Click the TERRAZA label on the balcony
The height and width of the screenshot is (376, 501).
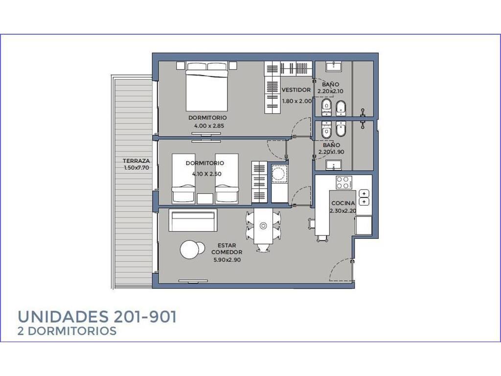136,161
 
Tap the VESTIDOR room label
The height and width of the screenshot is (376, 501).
296,90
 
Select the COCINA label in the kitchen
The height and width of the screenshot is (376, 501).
343,203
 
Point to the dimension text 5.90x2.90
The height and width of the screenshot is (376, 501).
227,260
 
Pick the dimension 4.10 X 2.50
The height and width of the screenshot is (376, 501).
207,174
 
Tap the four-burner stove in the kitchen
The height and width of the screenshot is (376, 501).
344,183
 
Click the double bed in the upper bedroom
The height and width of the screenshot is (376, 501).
207,86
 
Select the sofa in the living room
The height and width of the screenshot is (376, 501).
193,220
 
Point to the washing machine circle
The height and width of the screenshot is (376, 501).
278,175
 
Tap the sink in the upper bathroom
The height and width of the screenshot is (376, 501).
334,67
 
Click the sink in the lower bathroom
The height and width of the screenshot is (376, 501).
334,164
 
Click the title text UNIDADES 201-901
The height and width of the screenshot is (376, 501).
97,317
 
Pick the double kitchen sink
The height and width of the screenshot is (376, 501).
364,197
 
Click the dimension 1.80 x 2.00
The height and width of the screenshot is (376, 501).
297,101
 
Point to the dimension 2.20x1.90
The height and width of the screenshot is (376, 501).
331,152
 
